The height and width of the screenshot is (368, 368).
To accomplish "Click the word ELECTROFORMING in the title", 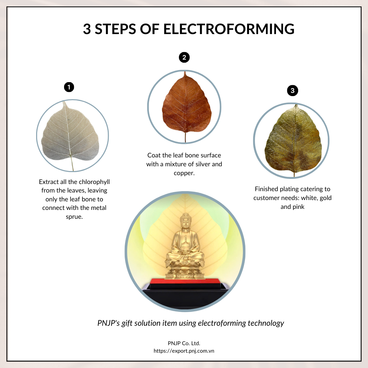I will tap(229, 29).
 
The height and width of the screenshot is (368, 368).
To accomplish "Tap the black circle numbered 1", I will tap(69, 87).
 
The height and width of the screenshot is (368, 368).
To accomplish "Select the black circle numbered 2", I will tap(184, 58).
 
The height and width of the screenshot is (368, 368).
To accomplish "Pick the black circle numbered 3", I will tap(292, 91).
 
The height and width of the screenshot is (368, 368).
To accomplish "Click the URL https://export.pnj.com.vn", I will tap(184, 350).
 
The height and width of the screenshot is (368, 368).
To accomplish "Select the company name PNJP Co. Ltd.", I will tap(184, 343).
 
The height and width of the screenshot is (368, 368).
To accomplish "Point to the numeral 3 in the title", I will tap(87, 29).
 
